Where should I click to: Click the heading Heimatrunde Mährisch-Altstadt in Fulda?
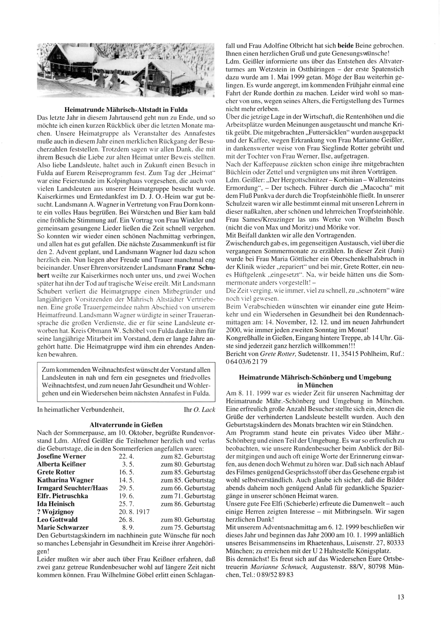click(x=126, y=109)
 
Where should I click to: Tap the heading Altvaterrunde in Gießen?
click(x=126, y=425)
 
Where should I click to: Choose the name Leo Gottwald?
click(x=56, y=519)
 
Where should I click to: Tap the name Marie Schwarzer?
click(x=63, y=527)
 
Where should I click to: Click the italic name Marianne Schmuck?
click(x=284, y=567)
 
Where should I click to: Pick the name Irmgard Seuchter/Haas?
click(x=72, y=488)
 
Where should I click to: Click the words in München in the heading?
click(x=314, y=385)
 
